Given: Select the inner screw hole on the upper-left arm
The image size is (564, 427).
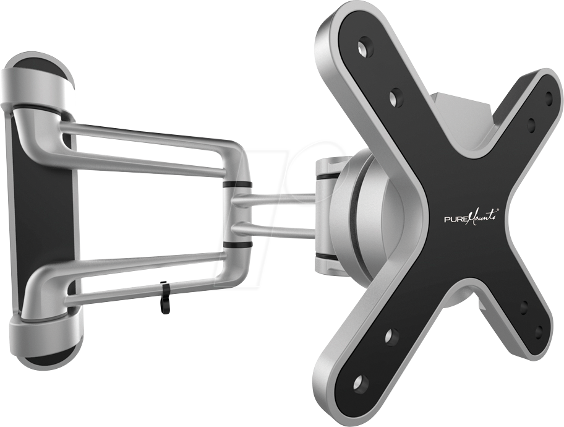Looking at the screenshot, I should tap(396, 96).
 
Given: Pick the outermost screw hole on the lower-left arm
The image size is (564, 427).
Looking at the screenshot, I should tap(360, 382).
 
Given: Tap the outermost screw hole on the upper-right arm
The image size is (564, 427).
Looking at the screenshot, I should tap(548, 97).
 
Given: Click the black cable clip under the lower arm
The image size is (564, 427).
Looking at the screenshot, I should tap(164, 297).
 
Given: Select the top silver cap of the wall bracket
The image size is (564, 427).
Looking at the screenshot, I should tap(37, 80).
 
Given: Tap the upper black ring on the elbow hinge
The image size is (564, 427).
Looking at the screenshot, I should tap(237, 184).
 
